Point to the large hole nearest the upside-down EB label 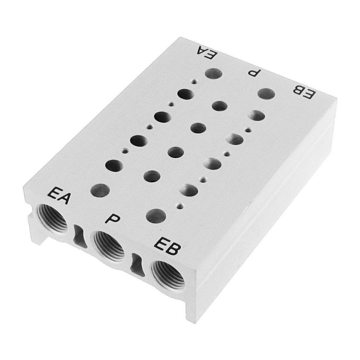tap(266, 94)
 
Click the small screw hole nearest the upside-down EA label tap(194, 82)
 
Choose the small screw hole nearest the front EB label tap(179, 206)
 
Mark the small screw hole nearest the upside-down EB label tap(248, 131)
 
